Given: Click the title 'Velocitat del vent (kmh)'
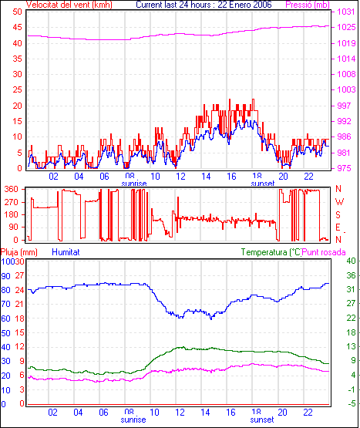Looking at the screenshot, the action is click(x=69, y=5).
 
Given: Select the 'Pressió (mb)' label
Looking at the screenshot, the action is click(x=308, y=5).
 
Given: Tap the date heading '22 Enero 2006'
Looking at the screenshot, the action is click(x=244, y=5).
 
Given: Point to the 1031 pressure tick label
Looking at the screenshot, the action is click(x=346, y=12).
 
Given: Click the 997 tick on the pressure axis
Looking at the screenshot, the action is click(x=344, y=106).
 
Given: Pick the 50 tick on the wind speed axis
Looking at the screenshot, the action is click(x=17, y=12).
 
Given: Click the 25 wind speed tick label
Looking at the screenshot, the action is click(x=17, y=89).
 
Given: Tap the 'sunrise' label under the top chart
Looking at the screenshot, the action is click(x=133, y=184).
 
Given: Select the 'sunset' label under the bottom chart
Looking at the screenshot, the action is click(x=262, y=420).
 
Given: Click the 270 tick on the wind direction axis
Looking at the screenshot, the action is click(x=12, y=202).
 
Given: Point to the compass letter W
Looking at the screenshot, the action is click(x=339, y=202).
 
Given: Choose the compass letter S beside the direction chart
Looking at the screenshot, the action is click(x=338, y=215).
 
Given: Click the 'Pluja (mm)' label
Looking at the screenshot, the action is click(x=19, y=252).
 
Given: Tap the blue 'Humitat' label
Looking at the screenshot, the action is click(x=66, y=252).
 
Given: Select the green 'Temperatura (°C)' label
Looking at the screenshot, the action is click(x=271, y=252).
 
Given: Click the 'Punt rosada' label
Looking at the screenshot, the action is click(x=324, y=252).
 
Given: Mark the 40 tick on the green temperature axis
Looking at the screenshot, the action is click(x=351, y=261).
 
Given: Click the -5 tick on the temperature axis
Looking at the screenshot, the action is click(x=352, y=403).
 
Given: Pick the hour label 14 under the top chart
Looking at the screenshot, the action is click(x=206, y=177).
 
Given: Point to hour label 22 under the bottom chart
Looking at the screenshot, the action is click(x=308, y=412).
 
